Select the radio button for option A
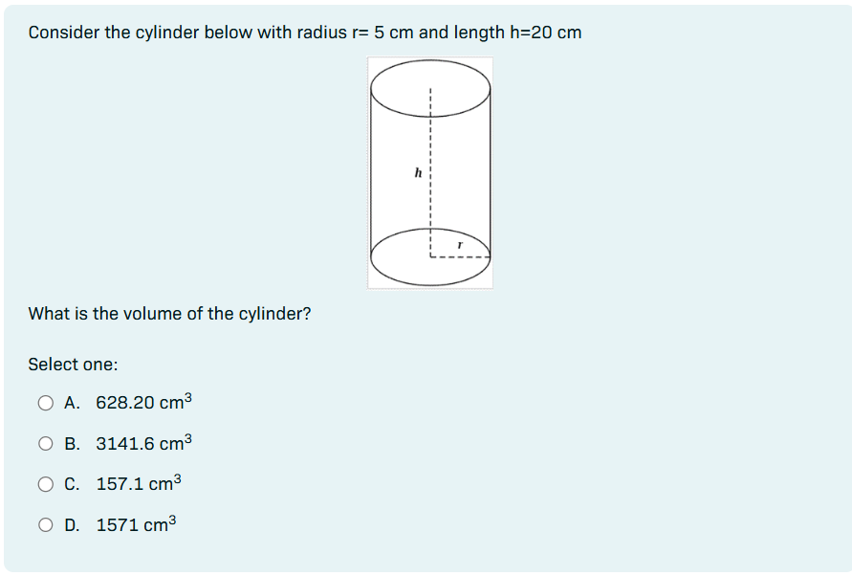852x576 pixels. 45,403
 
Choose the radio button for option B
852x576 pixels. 45,444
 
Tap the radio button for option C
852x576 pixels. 45,484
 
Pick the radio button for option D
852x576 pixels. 45,524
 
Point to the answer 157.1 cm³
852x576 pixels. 139,484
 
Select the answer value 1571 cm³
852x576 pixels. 137,525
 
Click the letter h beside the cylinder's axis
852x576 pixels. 418,174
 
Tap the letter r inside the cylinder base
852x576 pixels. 459,246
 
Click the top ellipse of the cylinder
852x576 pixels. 430,85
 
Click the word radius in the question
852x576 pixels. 323,33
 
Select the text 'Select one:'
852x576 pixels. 73,365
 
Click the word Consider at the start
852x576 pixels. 64,33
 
